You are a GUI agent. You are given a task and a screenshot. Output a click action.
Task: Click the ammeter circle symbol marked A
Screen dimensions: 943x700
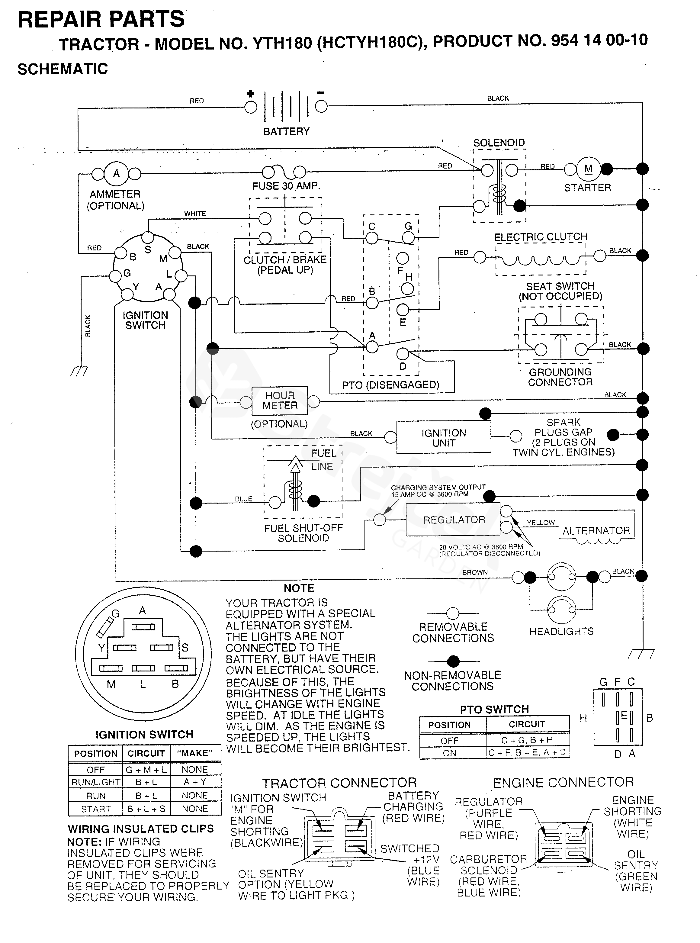(116, 173)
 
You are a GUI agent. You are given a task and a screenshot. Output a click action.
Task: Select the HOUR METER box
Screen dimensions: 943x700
(280, 401)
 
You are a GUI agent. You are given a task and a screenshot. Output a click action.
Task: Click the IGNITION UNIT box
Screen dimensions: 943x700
(444, 438)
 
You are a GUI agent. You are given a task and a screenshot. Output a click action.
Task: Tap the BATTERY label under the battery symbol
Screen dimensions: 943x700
(287, 131)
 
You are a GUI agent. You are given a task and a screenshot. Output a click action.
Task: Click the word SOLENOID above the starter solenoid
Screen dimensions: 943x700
(499, 143)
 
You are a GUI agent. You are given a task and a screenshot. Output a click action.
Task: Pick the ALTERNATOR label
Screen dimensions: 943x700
(596, 531)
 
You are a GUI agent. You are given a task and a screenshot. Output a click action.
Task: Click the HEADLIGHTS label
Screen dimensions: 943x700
(561, 632)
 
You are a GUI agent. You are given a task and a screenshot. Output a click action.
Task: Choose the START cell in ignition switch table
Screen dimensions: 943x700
(96, 809)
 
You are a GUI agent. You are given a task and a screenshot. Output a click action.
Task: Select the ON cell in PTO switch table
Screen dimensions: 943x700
(450, 753)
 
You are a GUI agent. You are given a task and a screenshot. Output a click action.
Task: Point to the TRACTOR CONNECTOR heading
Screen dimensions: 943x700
(339, 783)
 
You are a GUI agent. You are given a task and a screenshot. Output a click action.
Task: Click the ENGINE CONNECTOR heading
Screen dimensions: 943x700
(563, 782)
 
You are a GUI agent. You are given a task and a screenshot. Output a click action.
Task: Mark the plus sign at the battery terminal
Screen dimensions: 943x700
(250, 94)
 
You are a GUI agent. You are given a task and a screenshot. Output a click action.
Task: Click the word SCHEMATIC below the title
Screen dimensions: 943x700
(63, 69)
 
